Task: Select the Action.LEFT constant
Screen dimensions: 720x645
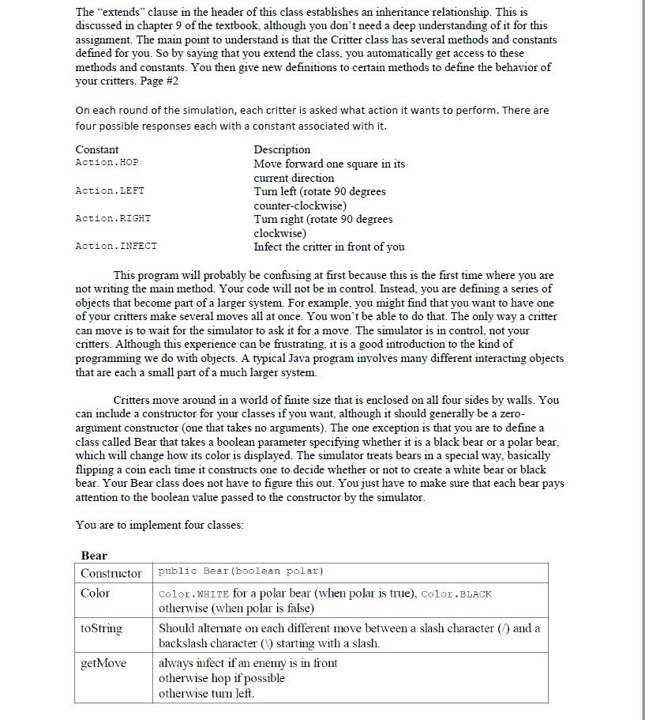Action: (x=109, y=190)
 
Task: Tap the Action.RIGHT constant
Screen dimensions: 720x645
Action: (x=112, y=218)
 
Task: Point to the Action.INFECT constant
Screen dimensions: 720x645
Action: (x=115, y=247)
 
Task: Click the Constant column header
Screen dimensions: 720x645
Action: (x=97, y=149)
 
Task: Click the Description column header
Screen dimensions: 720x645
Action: (x=282, y=149)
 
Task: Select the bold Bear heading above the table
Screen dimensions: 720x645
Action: (x=94, y=556)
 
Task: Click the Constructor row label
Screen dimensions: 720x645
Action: (x=111, y=573)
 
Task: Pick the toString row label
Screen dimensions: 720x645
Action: (x=101, y=628)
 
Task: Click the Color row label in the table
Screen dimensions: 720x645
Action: (x=96, y=594)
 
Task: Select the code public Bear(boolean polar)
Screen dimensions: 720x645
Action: (x=242, y=571)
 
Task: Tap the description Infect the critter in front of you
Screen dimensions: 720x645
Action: (x=328, y=247)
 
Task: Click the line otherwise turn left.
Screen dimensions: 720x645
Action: (x=207, y=693)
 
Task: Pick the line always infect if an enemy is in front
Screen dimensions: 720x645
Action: (x=248, y=663)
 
